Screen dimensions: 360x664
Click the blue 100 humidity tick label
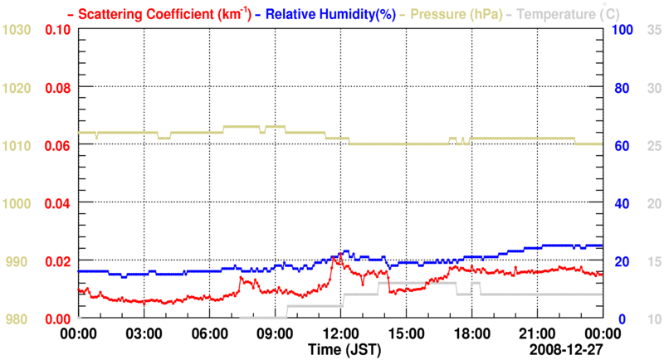[623, 31]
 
